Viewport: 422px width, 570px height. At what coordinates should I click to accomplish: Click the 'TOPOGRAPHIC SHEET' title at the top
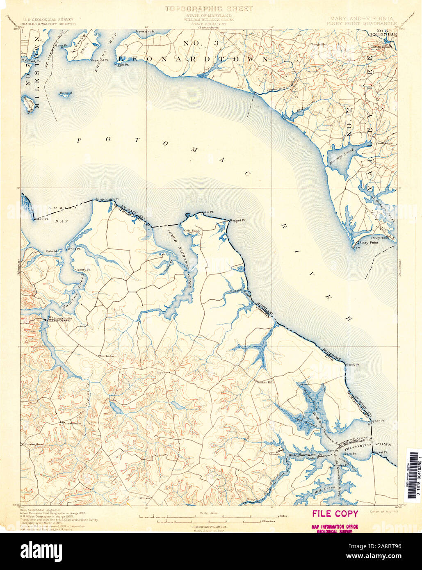pyautogui.click(x=209, y=8)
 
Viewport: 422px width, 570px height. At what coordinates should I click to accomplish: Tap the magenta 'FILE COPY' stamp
pyautogui.click(x=335, y=513)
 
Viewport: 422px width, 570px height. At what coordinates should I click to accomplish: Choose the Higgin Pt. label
pyautogui.click(x=122, y=65)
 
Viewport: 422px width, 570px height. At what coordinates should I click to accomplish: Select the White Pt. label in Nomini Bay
pyautogui.click(x=74, y=249)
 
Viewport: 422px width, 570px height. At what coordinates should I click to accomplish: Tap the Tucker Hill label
pyautogui.click(x=264, y=382)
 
